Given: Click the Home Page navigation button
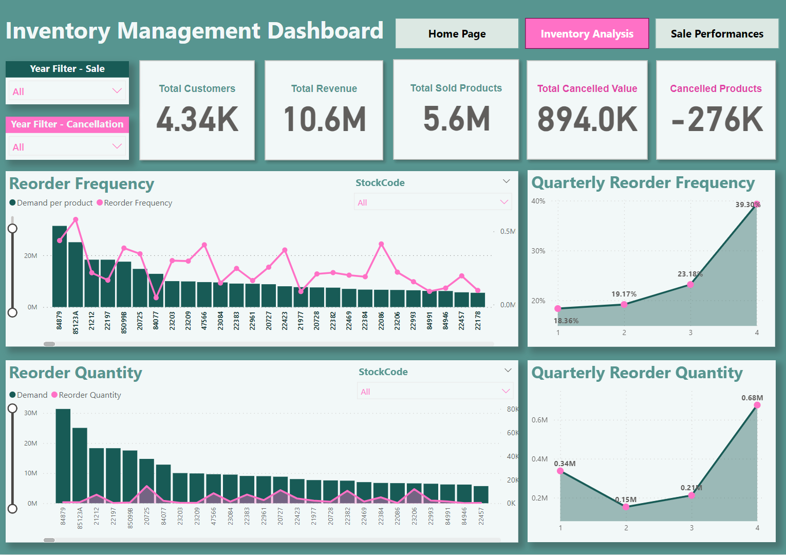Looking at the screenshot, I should (457, 34).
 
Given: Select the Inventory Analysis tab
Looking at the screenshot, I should (587, 34).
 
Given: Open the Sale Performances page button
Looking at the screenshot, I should (717, 34).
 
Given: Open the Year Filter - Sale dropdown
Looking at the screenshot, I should (67, 91).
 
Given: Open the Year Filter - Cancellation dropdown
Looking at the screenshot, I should (67, 147).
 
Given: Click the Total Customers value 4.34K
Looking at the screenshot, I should (197, 119).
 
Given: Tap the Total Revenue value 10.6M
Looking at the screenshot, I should (324, 119).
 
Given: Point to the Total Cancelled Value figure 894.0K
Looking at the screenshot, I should (587, 119).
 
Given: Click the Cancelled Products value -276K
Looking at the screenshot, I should (717, 119).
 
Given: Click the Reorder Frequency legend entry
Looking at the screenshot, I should (135, 203).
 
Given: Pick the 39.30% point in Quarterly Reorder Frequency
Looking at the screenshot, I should (756, 204).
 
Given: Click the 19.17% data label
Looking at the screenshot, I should (624, 294).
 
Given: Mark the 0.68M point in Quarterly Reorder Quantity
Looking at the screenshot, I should (757, 405).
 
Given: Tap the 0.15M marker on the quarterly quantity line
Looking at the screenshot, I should (626, 507).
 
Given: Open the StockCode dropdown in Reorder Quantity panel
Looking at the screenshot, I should (435, 392).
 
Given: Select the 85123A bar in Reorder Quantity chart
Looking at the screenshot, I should (80, 465).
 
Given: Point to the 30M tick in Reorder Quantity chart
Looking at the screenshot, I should (31, 413).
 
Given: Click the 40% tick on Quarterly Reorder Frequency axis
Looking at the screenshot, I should (538, 201).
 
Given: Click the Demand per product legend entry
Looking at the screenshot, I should (51, 203).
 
